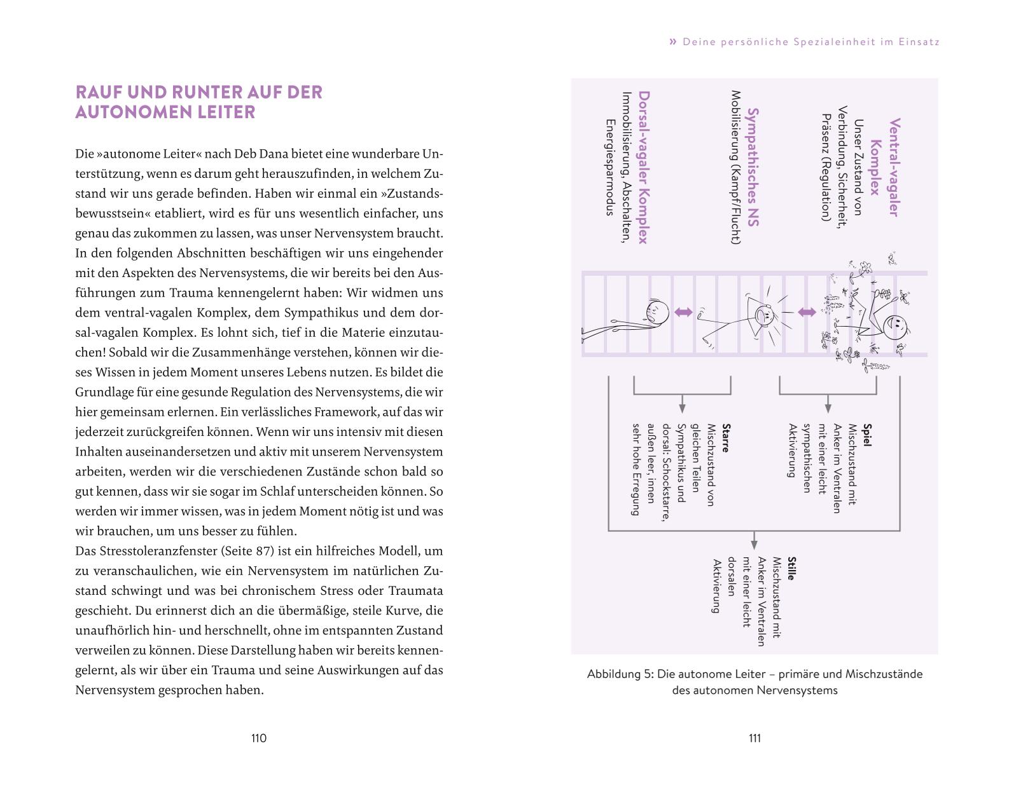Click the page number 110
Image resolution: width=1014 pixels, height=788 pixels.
(258, 738)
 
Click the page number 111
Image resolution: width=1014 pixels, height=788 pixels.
(754, 738)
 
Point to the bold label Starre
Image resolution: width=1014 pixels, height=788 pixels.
(725, 438)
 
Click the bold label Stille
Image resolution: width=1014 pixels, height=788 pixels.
(791, 569)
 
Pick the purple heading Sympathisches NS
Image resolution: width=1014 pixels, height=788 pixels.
(753, 167)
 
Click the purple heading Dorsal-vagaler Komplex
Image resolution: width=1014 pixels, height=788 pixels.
(643, 167)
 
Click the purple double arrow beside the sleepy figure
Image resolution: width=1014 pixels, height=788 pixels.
(683, 312)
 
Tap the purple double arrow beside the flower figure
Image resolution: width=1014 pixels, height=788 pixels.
(807, 312)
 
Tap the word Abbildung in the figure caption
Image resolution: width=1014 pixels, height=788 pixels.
(618, 674)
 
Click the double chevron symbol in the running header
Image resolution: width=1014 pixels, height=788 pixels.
(673, 42)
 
